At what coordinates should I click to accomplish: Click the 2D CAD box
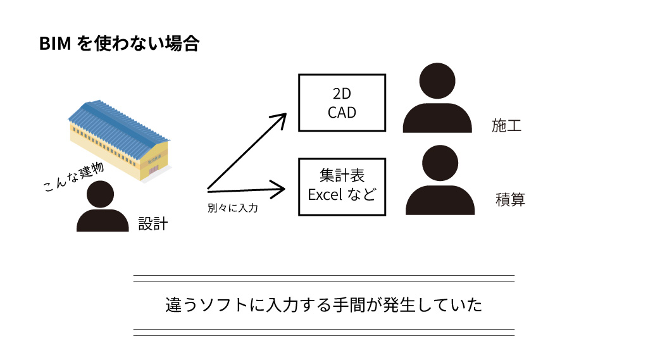pyautogui.click(x=342, y=103)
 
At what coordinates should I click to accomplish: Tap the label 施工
pyautogui.click(x=507, y=125)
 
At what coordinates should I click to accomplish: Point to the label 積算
pyautogui.click(x=510, y=201)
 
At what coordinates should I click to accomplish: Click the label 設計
pyautogui.click(x=153, y=223)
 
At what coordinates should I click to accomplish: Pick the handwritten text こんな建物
pyautogui.click(x=73, y=177)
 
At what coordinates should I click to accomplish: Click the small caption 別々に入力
pyautogui.click(x=232, y=208)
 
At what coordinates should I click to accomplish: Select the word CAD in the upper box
pyautogui.click(x=342, y=113)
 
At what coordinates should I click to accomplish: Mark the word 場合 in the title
pyautogui.click(x=183, y=44)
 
